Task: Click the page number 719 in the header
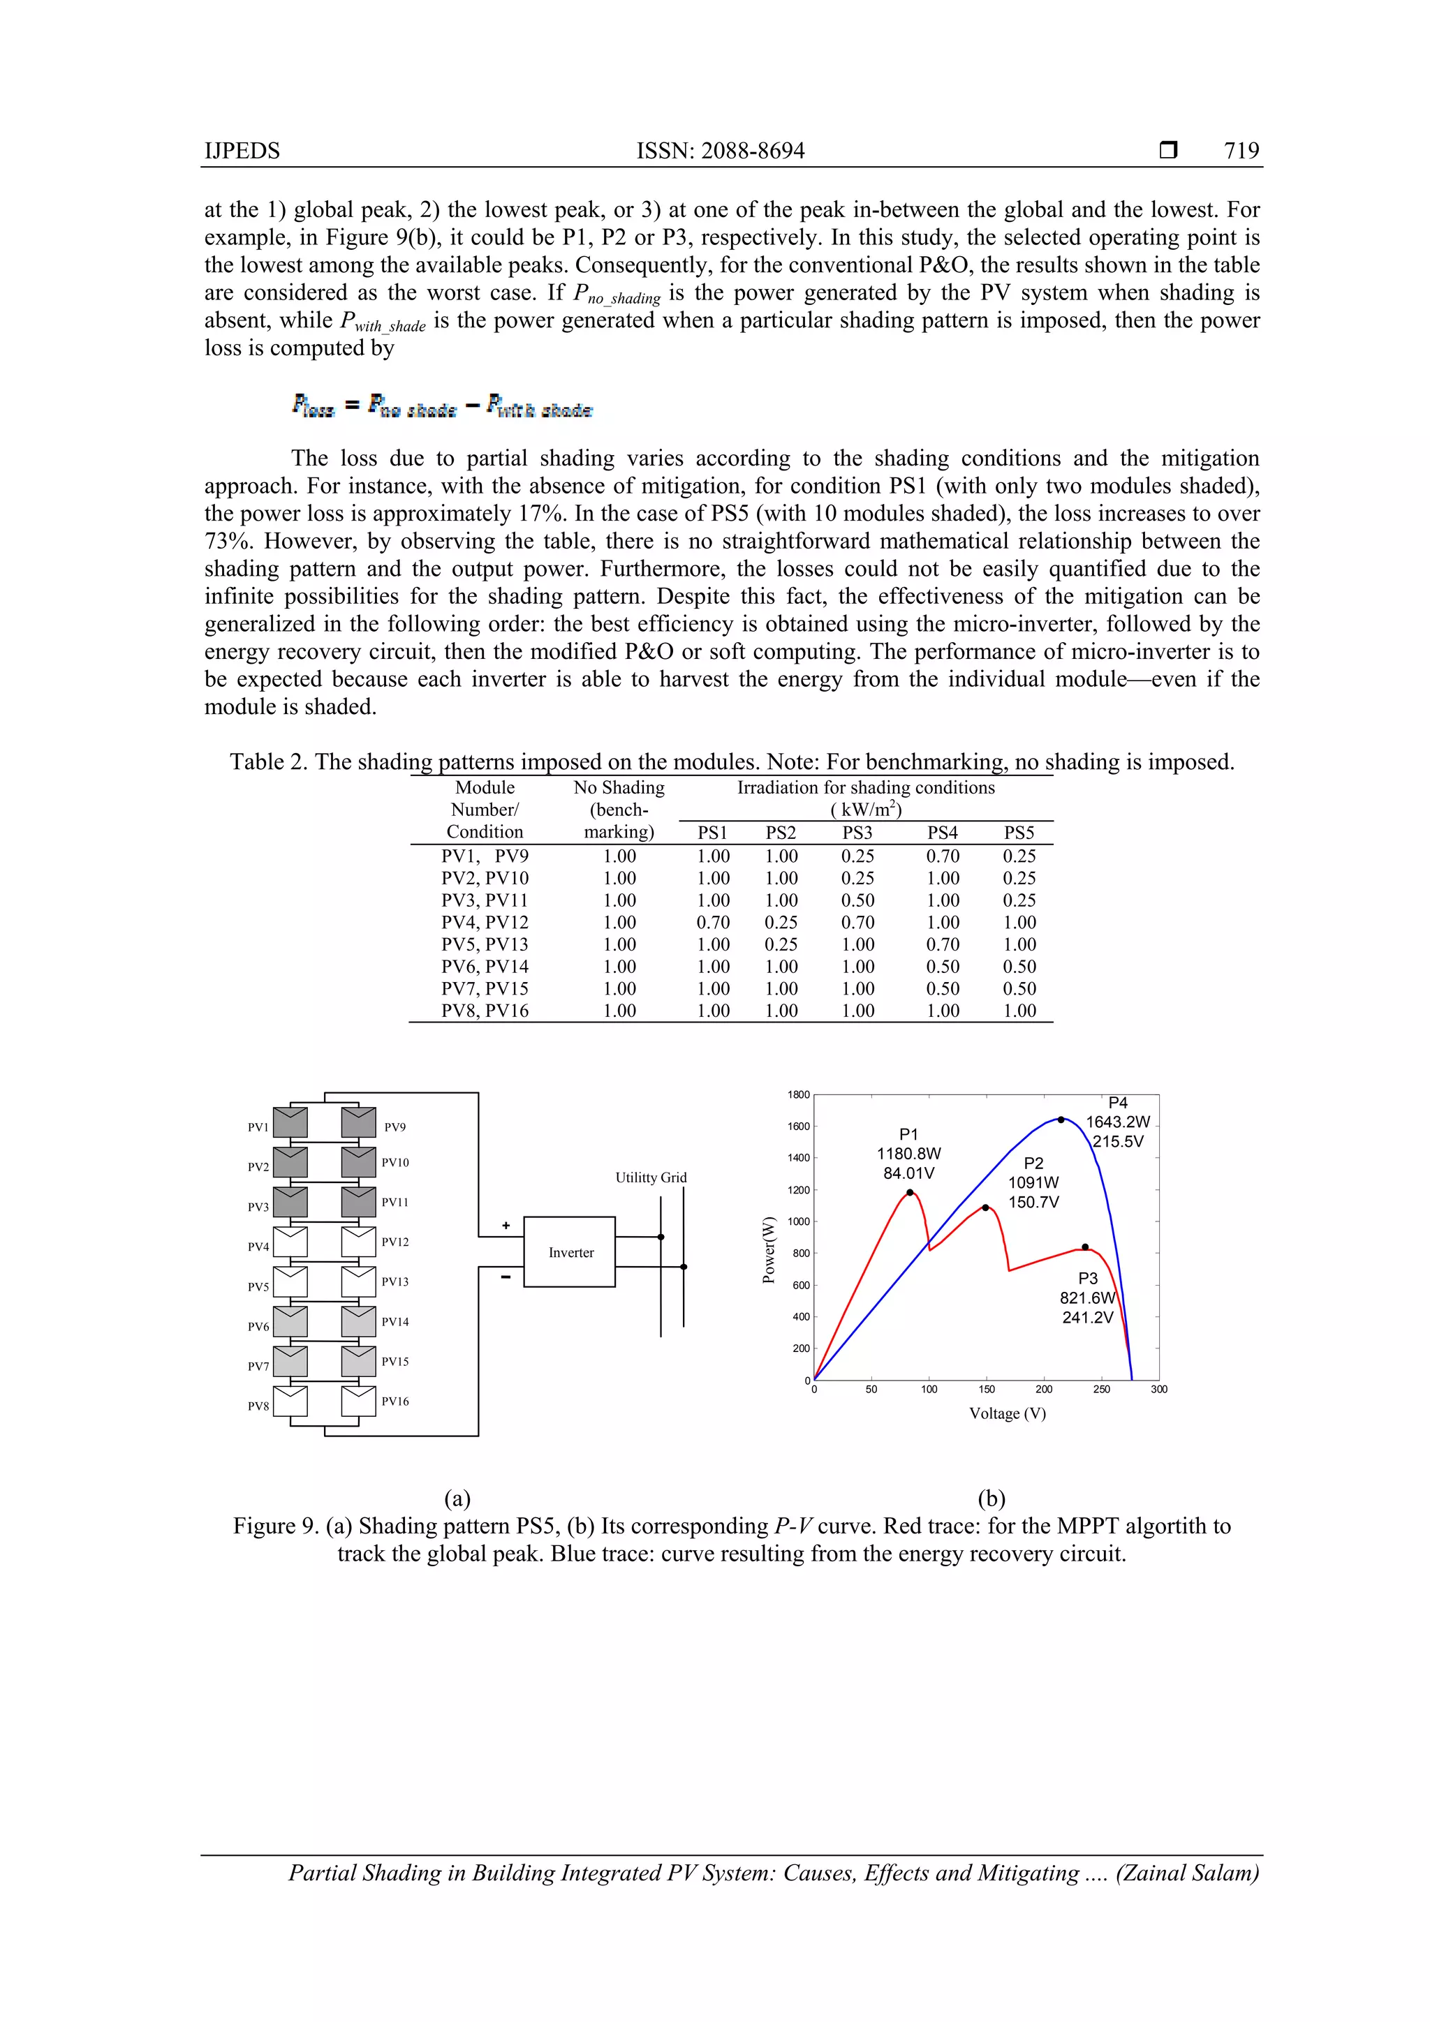[1241, 151]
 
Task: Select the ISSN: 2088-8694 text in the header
[720, 151]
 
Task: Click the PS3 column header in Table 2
[857, 832]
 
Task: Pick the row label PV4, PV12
[485, 922]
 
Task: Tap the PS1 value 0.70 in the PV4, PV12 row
[713, 922]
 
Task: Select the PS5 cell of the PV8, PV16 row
[1019, 1010]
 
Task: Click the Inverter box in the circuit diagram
[570, 1251]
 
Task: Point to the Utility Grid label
[650, 1177]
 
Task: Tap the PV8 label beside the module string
[258, 1406]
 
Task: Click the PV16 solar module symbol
[359, 1401]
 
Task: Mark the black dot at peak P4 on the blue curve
[1061, 1120]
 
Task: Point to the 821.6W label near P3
[1086, 1298]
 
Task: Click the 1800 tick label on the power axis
[798, 1094]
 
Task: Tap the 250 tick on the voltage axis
[1101, 1389]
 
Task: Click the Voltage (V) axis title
[1007, 1413]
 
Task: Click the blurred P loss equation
[442, 407]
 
